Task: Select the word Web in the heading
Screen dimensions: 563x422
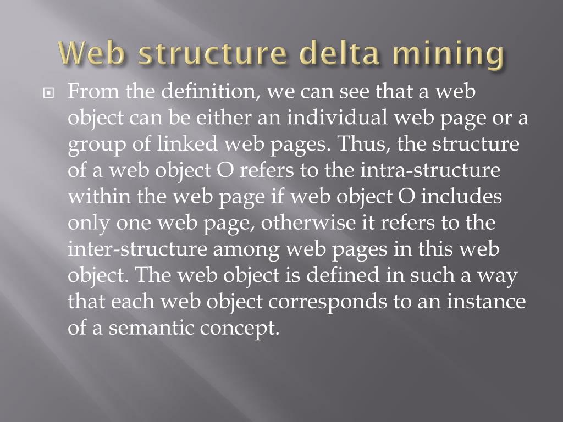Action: [x=91, y=55]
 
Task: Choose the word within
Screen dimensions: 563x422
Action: [x=98, y=197]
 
